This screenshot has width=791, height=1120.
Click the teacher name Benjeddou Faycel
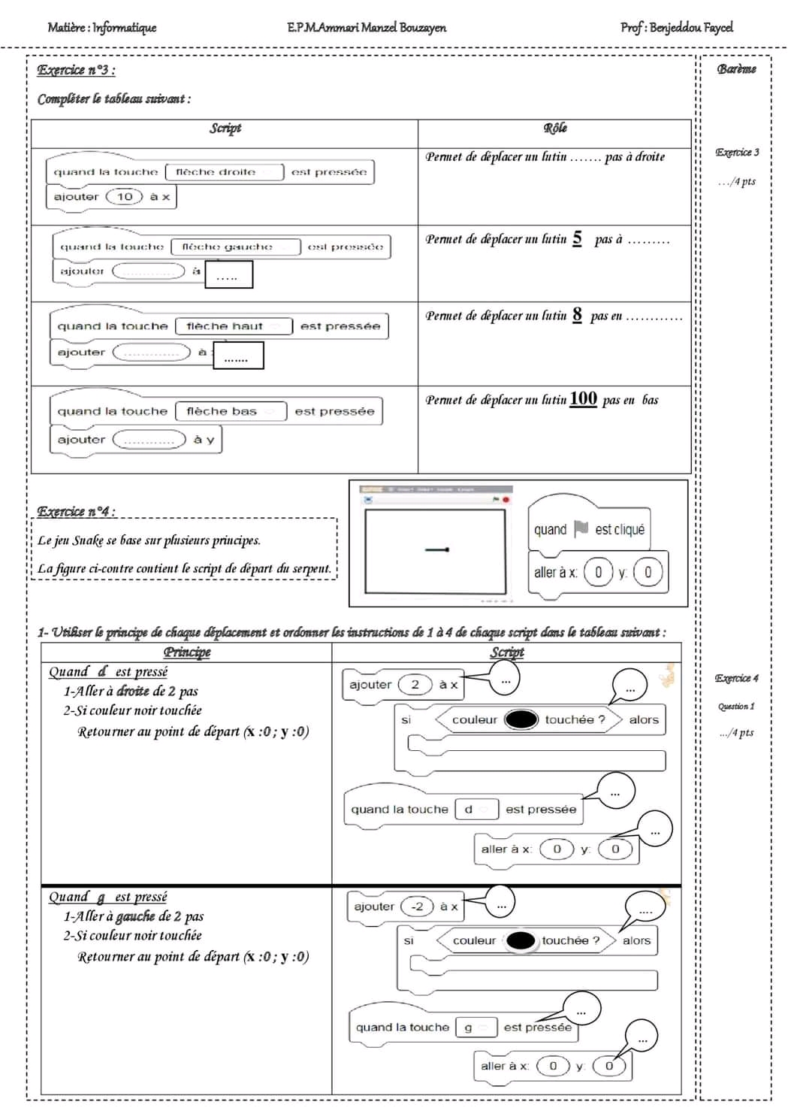(x=690, y=28)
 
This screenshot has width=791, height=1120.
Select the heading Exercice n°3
(x=76, y=71)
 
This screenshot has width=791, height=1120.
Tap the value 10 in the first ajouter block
(x=125, y=197)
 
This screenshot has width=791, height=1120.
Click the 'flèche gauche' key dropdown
(x=235, y=247)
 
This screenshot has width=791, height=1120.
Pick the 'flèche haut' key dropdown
(x=233, y=326)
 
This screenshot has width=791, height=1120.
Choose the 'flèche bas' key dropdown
(x=231, y=411)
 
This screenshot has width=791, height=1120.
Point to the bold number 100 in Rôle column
(x=583, y=398)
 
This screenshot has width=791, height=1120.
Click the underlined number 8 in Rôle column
(x=577, y=314)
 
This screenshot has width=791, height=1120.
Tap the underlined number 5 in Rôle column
(x=577, y=238)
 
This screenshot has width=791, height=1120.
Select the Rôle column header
(x=555, y=129)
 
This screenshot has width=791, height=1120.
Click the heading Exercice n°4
(x=76, y=512)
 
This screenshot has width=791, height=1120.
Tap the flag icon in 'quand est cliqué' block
(x=581, y=529)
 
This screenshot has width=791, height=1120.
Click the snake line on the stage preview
(x=436, y=550)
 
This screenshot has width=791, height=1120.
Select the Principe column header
(x=187, y=652)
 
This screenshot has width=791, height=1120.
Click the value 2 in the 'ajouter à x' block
(x=415, y=684)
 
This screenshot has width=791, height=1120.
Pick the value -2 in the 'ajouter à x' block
(x=417, y=907)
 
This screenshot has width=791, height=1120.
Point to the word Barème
(x=736, y=69)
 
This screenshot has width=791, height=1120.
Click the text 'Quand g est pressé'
(x=107, y=897)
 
